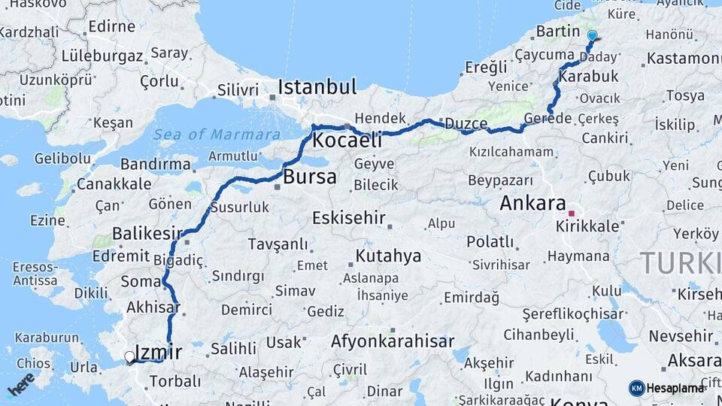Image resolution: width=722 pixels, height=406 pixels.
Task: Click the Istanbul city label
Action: click(317, 87)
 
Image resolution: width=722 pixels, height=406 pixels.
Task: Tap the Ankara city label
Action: click(532, 203)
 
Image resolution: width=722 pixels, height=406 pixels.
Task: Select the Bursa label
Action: click(310, 177)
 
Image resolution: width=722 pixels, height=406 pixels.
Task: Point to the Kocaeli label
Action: click(347, 140)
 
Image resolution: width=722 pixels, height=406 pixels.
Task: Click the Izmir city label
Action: click(159, 351)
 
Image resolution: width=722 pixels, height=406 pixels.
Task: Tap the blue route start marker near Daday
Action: click(592, 35)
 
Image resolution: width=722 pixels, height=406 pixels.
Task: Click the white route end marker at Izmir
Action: click(130, 357)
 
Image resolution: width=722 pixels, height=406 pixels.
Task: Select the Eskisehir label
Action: click(349, 219)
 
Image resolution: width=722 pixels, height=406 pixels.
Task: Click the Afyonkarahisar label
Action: click(393, 341)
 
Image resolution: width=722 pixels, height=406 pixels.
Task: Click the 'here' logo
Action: click(20, 383)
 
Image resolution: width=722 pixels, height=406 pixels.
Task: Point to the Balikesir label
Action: click(147, 234)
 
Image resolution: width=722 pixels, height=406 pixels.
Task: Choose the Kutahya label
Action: click(388, 256)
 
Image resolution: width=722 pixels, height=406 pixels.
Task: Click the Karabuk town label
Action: click(589, 76)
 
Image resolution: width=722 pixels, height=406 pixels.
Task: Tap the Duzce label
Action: click(466, 123)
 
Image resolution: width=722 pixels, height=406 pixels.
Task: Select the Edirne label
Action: click(111, 26)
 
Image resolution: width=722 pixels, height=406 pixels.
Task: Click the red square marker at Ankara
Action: click(572, 214)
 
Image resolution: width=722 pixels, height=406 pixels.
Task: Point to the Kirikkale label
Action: click(588, 226)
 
